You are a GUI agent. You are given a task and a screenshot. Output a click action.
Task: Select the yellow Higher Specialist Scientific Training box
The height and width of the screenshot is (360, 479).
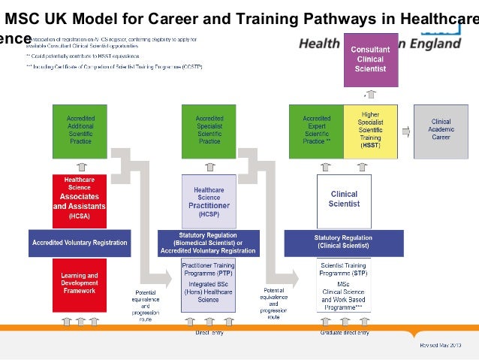[371, 131]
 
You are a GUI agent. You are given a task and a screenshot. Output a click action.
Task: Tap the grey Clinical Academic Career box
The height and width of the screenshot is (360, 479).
[441, 131]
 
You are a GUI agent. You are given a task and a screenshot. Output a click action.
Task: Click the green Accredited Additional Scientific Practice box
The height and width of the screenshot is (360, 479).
[80, 131]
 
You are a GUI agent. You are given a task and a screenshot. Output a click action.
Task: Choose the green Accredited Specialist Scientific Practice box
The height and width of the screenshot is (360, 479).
[209, 131]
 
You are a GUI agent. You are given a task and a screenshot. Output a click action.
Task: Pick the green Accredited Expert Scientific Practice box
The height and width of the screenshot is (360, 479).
[316, 131]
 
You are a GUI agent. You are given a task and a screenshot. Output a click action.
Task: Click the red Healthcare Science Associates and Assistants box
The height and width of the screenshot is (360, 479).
[80, 200]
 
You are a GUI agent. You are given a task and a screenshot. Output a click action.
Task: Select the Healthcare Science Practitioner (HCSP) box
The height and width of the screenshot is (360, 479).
[209, 200]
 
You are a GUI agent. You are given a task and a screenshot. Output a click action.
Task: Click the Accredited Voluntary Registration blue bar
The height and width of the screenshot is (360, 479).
[80, 243]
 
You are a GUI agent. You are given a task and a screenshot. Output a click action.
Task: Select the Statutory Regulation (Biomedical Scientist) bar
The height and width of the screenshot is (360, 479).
[208, 243]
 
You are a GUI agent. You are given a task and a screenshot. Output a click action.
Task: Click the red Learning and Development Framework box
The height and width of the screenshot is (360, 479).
[80, 285]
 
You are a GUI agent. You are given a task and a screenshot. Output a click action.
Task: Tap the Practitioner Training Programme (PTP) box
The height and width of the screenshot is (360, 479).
[209, 285]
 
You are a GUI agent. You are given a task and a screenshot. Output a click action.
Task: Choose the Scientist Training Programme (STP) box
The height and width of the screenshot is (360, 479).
[343, 285]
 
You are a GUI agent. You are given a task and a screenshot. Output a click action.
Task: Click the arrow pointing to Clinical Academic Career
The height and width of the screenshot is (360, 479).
[406, 131]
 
